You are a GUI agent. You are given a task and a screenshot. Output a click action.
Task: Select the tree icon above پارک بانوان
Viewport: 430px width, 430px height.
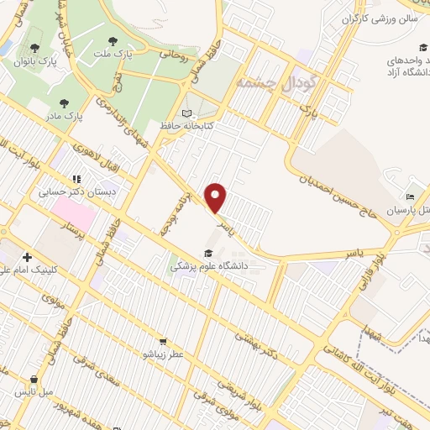[x=34, y=49]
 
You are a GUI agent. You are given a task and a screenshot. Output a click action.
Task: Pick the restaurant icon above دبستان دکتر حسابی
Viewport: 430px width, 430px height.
[x=76, y=179]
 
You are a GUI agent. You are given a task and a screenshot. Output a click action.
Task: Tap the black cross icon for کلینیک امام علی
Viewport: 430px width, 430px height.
[x=28, y=257]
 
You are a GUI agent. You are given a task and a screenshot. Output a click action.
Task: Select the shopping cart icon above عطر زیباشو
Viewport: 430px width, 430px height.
[x=162, y=342]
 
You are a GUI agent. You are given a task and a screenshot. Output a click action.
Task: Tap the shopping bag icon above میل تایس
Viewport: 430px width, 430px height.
[x=34, y=379]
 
